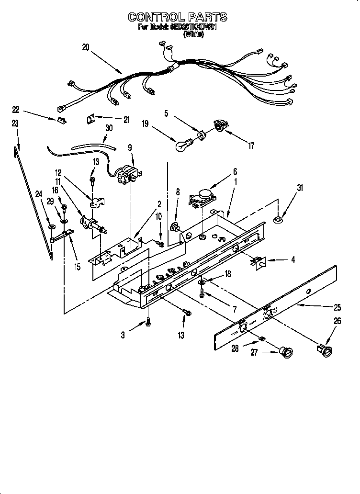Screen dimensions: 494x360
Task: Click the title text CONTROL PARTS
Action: [x=177, y=17]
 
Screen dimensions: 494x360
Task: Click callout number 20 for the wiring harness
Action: [x=86, y=47]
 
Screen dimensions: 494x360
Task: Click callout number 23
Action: [x=15, y=123]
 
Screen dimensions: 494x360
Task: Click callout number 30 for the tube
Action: [x=110, y=128]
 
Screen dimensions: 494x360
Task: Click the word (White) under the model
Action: [x=193, y=34]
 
